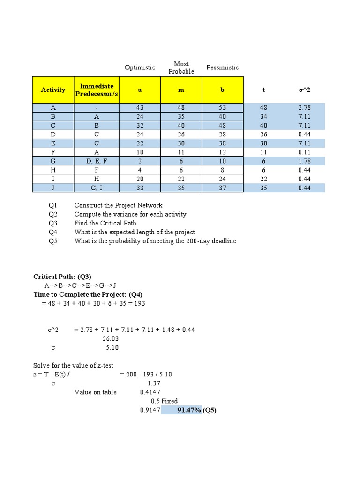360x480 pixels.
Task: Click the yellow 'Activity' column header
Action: point(53,90)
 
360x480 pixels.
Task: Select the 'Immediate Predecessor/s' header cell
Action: point(97,90)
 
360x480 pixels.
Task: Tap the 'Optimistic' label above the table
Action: point(140,67)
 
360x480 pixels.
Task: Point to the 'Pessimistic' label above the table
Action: point(222,67)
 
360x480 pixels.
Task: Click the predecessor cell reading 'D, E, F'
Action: point(97,161)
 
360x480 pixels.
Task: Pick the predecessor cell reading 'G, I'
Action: point(97,187)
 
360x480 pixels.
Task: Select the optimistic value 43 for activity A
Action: point(140,107)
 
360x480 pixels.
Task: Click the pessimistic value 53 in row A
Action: point(222,107)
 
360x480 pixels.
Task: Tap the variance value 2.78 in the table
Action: point(304,107)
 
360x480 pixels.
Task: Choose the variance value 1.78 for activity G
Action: point(304,161)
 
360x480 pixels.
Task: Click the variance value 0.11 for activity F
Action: point(304,152)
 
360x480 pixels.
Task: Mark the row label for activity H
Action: point(53,170)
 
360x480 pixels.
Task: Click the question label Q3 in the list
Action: point(52,223)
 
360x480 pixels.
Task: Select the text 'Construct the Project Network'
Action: point(118,205)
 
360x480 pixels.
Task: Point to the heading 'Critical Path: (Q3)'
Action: point(66,277)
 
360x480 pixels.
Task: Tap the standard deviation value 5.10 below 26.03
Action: point(112,347)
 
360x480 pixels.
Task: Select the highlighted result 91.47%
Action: point(189,410)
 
